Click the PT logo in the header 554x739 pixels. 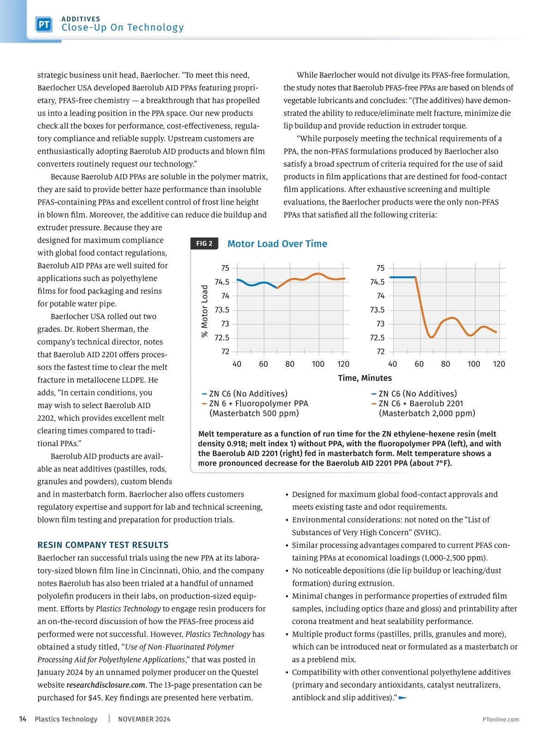tap(44, 24)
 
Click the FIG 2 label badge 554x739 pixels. tap(204, 243)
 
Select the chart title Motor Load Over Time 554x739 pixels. tap(277, 244)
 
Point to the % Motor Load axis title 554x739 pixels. tap(205, 311)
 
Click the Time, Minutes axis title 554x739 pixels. tap(365, 378)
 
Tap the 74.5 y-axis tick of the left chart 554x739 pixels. tap(222, 282)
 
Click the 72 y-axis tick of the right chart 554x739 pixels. tap(380, 351)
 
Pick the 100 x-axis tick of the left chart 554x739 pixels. tap(318, 364)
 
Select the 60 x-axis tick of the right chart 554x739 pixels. tap(419, 364)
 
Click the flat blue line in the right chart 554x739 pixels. tap(403, 277)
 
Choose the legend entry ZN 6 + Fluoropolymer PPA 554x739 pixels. tap(259, 403)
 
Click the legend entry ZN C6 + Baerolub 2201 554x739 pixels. tap(420, 403)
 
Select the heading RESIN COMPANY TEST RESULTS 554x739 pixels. tap(103, 545)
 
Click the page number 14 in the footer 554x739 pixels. tap(23, 719)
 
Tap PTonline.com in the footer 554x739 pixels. tap(500, 720)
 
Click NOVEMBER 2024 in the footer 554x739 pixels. tap(144, 719)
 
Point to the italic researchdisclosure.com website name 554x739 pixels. tap(106, 685)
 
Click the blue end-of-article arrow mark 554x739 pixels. tap(403, 698)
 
